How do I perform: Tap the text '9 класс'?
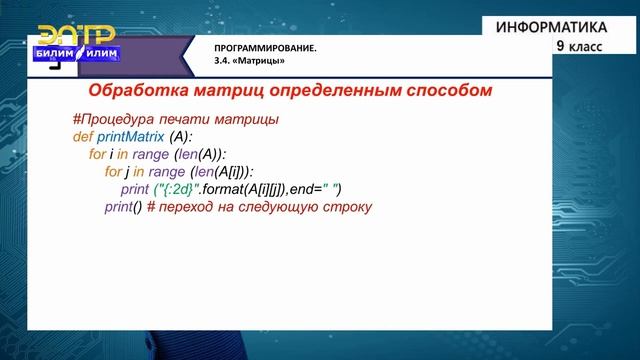coord(577,45)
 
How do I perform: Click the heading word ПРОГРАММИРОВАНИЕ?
coord(265,48)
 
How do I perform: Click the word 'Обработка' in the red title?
coord(127,90)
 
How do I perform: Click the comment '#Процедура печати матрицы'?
coord(175,119)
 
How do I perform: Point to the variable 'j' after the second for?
coord(130,171)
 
